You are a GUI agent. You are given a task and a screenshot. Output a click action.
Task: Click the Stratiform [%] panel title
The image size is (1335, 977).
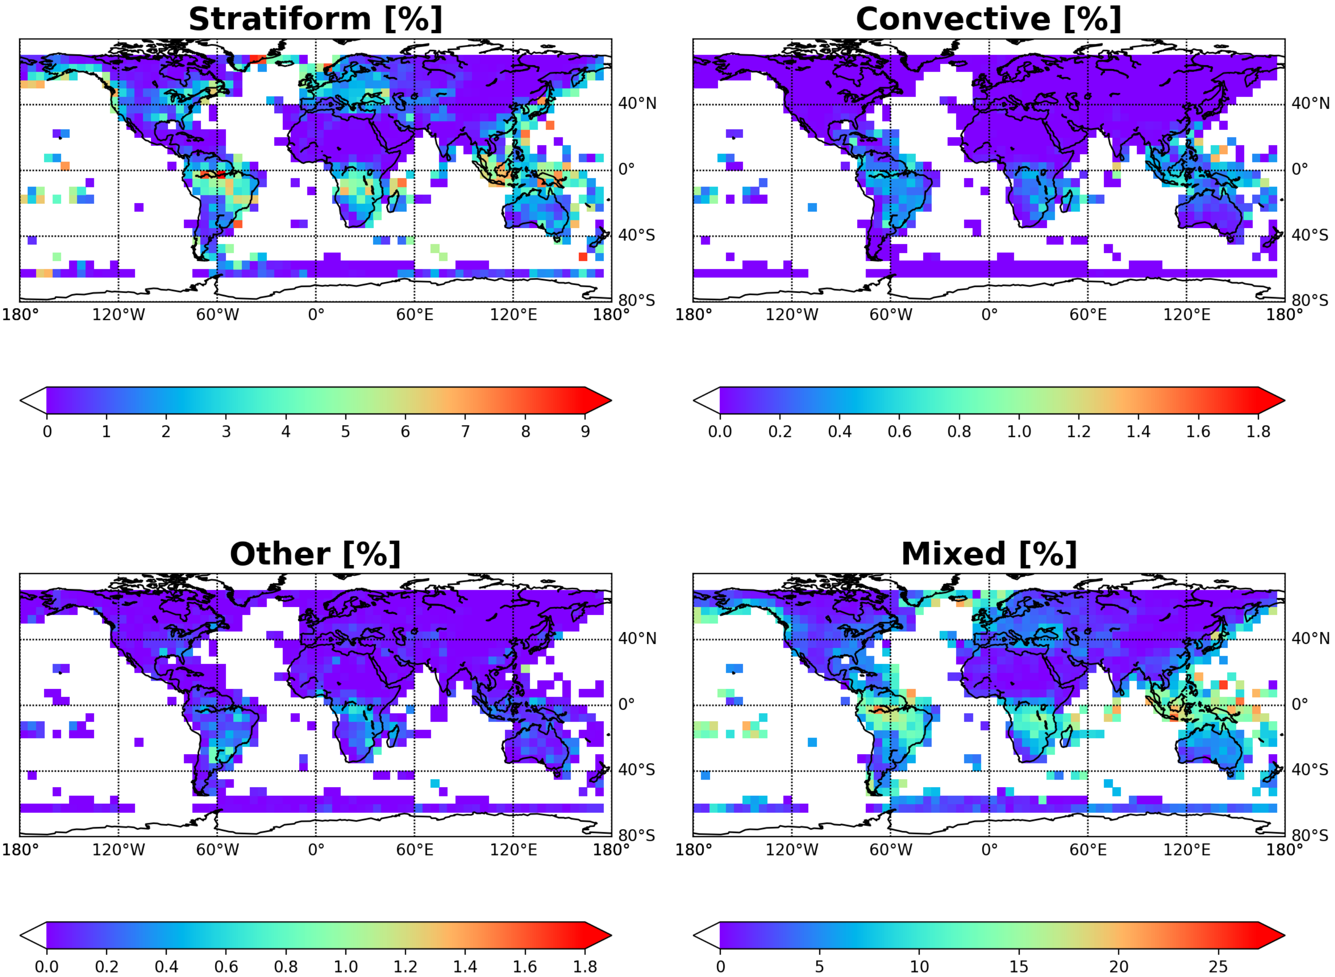tap(315, 20)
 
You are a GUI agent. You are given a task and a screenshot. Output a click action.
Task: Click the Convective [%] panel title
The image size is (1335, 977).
tap(988, 20)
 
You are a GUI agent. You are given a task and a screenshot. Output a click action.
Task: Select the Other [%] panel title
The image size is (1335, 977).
tap(315, 554)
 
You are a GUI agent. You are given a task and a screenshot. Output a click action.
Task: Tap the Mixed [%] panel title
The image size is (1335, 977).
tap(988, 554)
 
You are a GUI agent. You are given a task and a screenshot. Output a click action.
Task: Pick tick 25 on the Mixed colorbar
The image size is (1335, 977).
tap(1218, 966)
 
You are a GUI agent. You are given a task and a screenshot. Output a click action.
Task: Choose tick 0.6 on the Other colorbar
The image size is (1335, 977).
tap(226, 966)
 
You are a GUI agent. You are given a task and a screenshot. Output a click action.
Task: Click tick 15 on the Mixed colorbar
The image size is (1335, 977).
tap(1018, 966)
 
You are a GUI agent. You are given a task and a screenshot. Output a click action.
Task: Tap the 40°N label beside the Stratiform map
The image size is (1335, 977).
tap(637, 104)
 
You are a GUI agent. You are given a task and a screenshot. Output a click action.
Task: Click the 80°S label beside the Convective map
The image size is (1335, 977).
tap(1310, 300)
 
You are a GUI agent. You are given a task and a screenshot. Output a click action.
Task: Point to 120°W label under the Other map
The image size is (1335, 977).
tap(118, 850)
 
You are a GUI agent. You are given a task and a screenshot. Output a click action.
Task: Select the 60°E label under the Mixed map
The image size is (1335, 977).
tap(1087, 850)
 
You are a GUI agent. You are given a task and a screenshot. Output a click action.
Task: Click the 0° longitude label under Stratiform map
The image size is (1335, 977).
tap(316, 314)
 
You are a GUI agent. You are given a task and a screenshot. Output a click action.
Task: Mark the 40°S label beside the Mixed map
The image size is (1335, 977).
tap(1310, 770)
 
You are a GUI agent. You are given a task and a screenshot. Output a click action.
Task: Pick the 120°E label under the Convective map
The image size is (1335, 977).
tap(1186, 314)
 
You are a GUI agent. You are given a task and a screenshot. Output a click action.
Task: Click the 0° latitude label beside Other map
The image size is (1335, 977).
tap(626, 704)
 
